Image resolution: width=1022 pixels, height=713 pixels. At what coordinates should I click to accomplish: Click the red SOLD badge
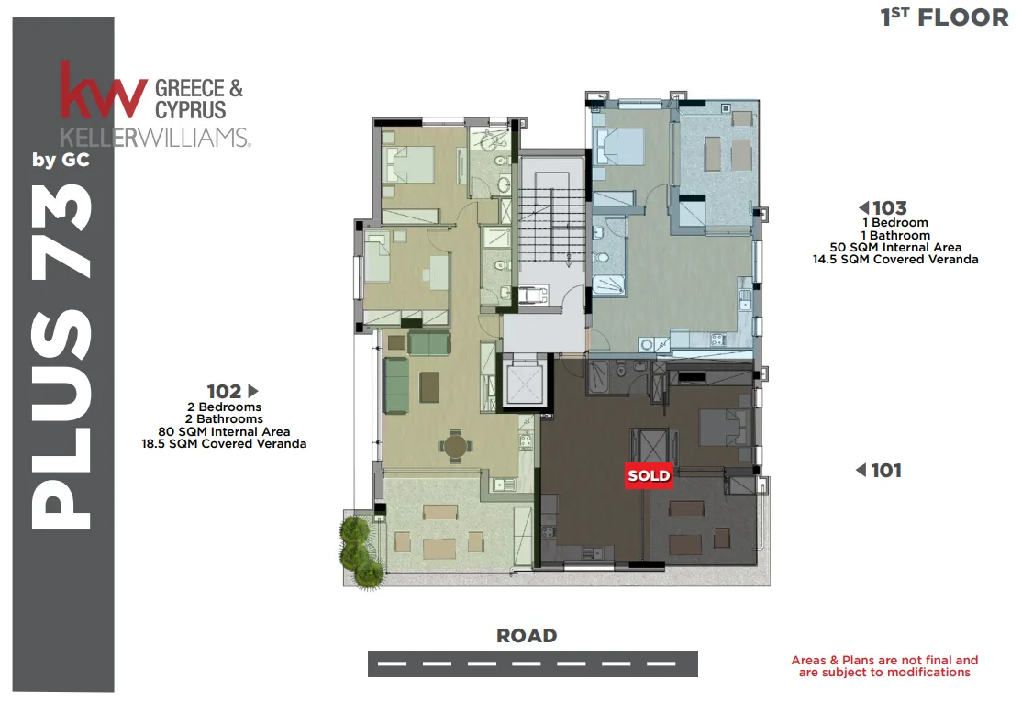coord(649,475)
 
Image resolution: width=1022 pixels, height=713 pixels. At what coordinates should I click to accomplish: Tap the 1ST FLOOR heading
coord(944,17)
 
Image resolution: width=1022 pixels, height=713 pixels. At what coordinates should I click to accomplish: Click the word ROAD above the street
coord(527,635)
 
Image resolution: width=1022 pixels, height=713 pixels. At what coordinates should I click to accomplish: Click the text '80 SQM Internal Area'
coord(224,431)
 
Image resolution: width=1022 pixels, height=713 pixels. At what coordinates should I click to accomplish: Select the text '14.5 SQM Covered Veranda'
coord(895,260)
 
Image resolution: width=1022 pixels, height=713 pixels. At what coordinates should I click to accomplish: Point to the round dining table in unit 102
coord(456,447)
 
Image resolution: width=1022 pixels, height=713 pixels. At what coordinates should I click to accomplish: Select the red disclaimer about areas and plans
coord(884,666)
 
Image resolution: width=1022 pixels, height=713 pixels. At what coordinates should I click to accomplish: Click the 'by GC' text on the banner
coord(61,161)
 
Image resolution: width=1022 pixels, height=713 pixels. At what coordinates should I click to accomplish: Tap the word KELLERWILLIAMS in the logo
coord(155,138)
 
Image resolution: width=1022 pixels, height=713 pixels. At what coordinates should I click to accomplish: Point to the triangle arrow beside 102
coord(253,391)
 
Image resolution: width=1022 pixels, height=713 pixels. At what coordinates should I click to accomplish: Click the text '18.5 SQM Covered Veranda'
coord(224,444)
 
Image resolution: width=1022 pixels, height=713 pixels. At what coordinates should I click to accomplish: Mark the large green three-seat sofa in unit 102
coord(394,385)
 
